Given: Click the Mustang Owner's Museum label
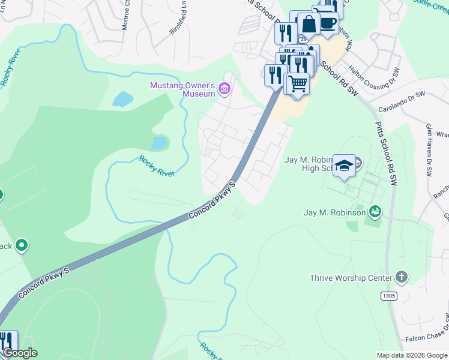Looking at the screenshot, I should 182,89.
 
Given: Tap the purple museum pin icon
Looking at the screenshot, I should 225,89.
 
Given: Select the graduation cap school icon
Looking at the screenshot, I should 343,165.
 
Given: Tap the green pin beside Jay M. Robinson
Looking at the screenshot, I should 375,211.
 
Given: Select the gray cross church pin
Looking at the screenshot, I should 401,277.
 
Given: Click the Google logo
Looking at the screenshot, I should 20,353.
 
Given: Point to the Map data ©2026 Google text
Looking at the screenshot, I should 411,355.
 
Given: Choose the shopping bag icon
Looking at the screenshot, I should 309,25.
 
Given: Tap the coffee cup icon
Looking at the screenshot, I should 328,23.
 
